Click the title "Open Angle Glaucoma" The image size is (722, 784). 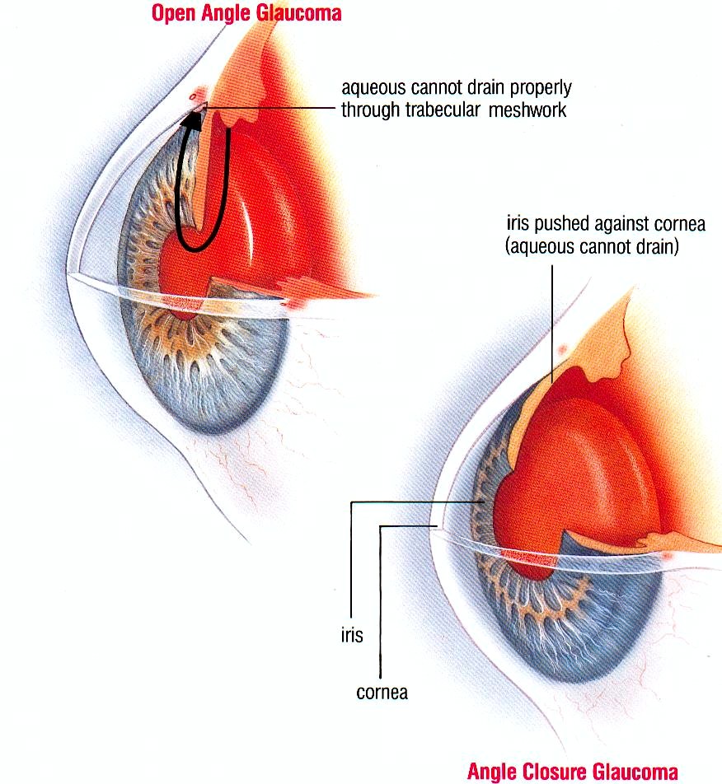coord(246,13)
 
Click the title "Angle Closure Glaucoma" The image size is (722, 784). coord(572,772)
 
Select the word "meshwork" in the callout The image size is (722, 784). coord(527,110)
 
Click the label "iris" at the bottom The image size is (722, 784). coord(352,635)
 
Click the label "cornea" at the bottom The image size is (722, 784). coord(382,693)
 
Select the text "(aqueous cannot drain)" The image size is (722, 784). coord(592,247)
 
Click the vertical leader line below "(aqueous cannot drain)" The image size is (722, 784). coord(552,324)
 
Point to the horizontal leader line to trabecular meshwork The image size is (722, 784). coord(270,108)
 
